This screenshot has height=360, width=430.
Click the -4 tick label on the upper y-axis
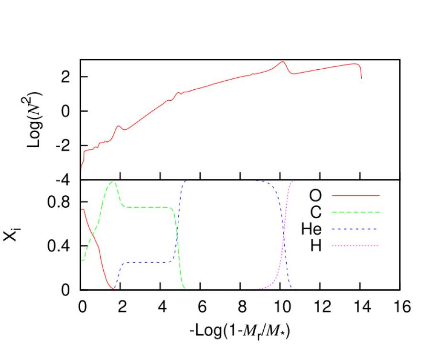coord(64,180)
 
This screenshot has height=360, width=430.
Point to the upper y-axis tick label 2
coord(68,77)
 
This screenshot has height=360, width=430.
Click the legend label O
coord(315,195)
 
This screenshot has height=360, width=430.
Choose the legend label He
coord(311,229)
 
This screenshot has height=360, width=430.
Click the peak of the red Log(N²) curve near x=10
coord(283,62)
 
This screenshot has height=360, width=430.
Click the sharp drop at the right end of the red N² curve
coord(361,72)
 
